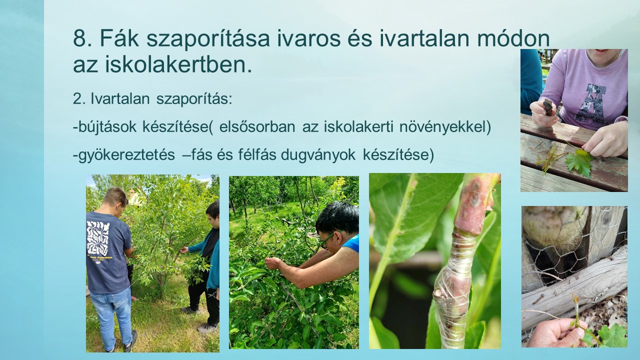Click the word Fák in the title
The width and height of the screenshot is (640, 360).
coord(119,38)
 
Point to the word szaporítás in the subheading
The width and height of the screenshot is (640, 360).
coord(194,99)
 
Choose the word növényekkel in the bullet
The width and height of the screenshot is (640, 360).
coord(445,127)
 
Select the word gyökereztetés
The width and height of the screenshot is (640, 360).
coord(126,155)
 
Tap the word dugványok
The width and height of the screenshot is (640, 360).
coord(318,155)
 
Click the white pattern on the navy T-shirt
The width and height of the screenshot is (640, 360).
coord(98,238)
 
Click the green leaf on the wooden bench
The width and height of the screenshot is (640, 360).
coord(579,163)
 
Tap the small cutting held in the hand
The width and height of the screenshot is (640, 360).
coord(576,317)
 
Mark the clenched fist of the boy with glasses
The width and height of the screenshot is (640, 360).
coord(273,263)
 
